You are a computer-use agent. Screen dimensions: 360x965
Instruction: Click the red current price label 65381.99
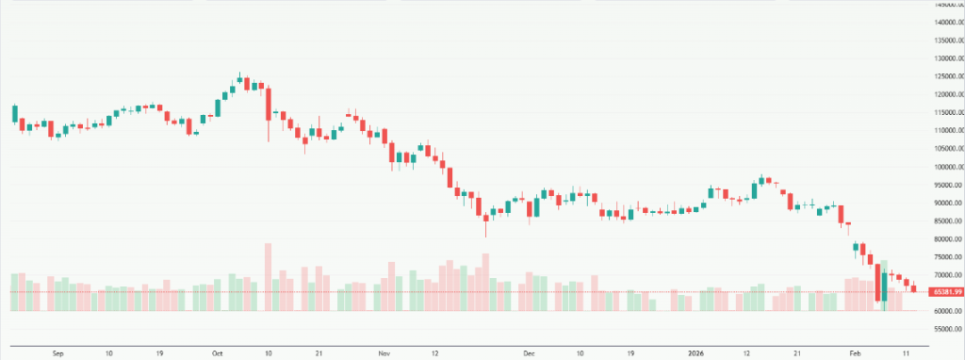coord(942,292)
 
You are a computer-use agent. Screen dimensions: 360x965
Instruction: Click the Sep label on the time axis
coord(57,353)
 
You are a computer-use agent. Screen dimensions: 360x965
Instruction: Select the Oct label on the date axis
coord(218,353)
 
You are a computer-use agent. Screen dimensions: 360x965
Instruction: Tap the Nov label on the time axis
coord(384,353)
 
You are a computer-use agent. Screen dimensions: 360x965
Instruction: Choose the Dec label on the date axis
coord(529,353)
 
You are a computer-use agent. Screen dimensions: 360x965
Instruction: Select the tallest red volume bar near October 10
coord(268,278)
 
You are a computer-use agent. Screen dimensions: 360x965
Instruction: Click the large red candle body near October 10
coord(268,100)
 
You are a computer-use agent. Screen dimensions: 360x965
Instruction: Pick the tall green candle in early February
coord(885,287)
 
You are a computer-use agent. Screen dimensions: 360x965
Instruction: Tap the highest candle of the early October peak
coord(239,79)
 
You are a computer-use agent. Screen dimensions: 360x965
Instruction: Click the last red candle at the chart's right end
coord(913,287)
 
